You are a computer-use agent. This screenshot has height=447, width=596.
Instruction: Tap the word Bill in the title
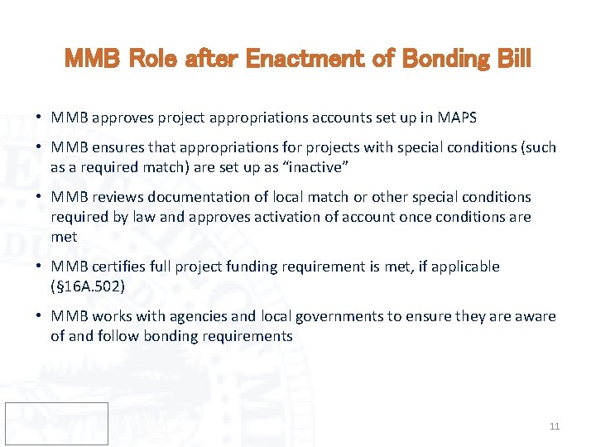click(511, 60)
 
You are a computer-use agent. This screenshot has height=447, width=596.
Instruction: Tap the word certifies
click(122, 267)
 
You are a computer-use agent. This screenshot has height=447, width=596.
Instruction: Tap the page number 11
click(554, 426)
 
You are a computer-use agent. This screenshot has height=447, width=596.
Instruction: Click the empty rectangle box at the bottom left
click(56, 423)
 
